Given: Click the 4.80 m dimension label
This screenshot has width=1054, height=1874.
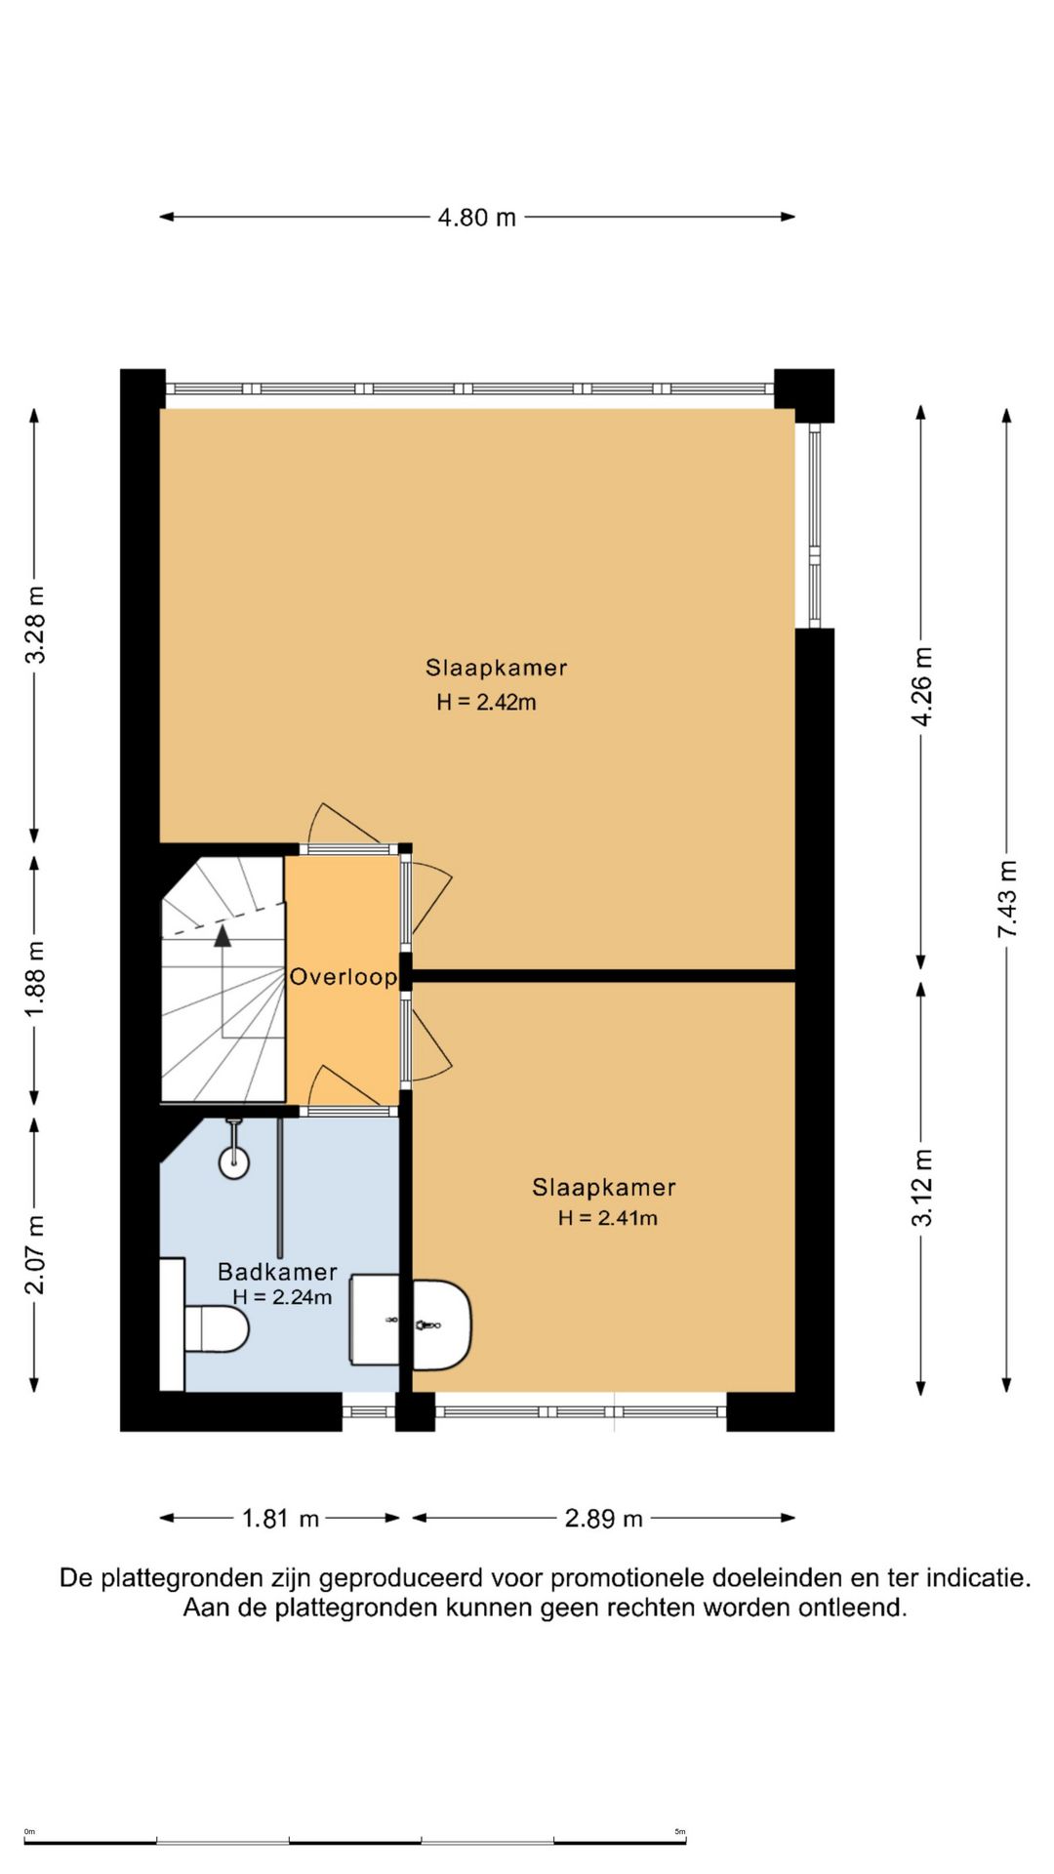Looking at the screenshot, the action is [x=476, y=217].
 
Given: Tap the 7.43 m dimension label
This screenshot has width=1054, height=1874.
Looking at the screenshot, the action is [x=1006, y=900].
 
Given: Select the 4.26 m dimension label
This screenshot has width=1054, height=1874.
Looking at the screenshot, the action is [x=921, y=686].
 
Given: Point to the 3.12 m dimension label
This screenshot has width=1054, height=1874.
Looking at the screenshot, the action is [x=921, y=1188].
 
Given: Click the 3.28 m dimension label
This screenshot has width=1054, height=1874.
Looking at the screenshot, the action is [x=35, y=625].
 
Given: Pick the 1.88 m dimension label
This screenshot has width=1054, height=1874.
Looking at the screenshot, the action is [x=35, y=979].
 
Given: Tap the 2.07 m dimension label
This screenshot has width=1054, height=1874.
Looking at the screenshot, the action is [x=35, y=1255].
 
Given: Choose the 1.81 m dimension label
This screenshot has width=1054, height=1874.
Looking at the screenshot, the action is [x=280, y=1519].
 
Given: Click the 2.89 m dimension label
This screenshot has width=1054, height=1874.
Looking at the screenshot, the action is [x=603, y=1519].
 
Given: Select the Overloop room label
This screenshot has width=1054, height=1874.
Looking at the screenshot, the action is [x=344, y=977].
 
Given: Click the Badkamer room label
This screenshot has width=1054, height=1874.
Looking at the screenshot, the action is [x=277, y=1272].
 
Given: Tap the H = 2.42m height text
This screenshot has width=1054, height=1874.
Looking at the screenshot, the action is [x=486, y=702].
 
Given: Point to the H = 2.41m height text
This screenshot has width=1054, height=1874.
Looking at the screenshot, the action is [x=607, y=1218].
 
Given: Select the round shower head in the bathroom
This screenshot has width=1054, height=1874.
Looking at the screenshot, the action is [x=233, y=1161].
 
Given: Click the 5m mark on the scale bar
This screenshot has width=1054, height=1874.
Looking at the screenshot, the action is [x=680, y=1832].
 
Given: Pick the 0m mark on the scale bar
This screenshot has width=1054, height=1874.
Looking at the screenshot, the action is [x=29, y=1832].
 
